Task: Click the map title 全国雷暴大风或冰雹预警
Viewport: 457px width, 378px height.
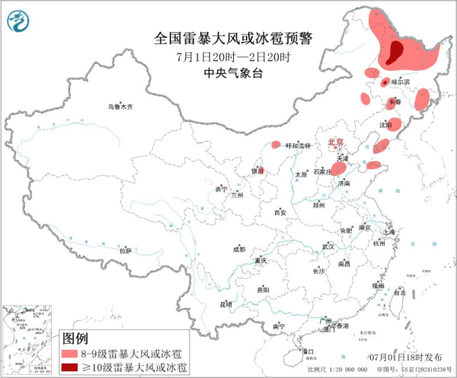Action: [235, 38]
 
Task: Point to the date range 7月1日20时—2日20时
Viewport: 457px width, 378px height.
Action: [234, 57]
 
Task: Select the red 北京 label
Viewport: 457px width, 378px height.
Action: [336, 143]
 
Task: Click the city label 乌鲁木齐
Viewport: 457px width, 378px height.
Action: [120, 107]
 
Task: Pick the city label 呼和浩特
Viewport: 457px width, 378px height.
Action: [298, 146]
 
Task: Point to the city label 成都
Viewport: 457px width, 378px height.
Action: [239, 248]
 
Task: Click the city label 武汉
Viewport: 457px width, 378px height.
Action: [328, 247]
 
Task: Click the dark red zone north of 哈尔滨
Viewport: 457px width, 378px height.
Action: [396, 53]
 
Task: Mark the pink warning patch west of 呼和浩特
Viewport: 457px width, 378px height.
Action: [276, 144]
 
